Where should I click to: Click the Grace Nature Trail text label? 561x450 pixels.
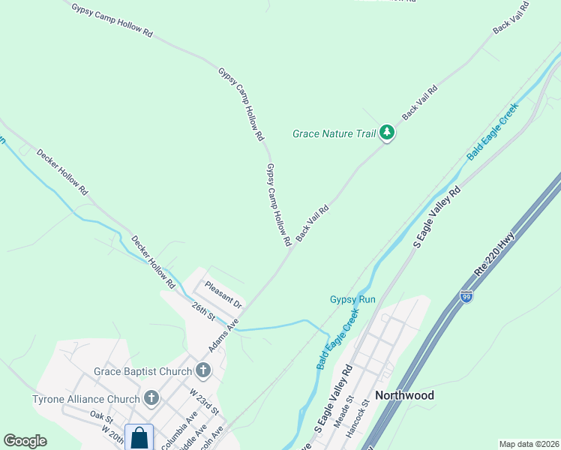pos(333,134)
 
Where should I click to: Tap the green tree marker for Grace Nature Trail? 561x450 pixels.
pos(387,133)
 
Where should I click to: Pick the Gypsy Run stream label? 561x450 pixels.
pos(352,299)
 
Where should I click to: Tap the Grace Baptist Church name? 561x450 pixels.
pos(143,371)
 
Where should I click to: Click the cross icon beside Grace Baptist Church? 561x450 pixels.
pos(202,370)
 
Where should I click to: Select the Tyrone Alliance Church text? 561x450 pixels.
pos(86,399)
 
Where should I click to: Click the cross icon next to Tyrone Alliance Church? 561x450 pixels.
pos(151,398)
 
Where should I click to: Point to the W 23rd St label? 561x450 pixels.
pos(203,401)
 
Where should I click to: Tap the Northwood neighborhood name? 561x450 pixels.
pos(404,395)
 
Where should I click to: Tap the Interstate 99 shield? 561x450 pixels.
pos(466,297)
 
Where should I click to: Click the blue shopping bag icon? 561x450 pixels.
pos(139,437)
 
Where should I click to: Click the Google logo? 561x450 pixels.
pos(25,441)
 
